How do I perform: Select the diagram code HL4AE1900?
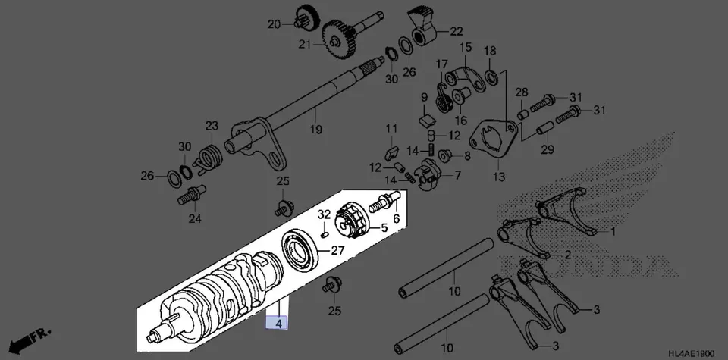tap(692, 353)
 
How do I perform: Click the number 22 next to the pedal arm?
tap(457, 32)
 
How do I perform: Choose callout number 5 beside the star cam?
tap(383, 227)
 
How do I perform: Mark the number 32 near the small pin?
tap(324, 215)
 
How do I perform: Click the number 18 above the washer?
tap(490, 51)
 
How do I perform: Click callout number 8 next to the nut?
tap(466, 156)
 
